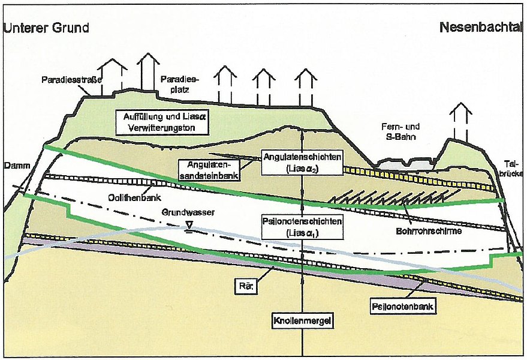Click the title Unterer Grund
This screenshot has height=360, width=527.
pyautogui.click(x=46, y=28)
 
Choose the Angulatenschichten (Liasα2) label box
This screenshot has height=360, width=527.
pyautogui.click(x=302, y=162)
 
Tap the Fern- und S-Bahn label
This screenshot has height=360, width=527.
pyautogui.click(x=398, y=132)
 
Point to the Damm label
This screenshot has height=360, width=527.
pyautogui.click(x=13, y=164)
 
